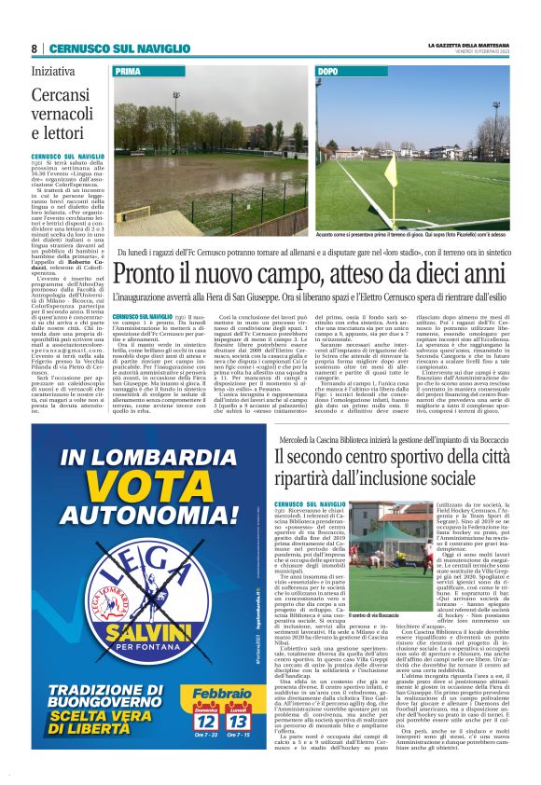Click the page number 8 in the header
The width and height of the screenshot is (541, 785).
pos(34,48)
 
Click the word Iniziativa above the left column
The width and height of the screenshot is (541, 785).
pos(53,70)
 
